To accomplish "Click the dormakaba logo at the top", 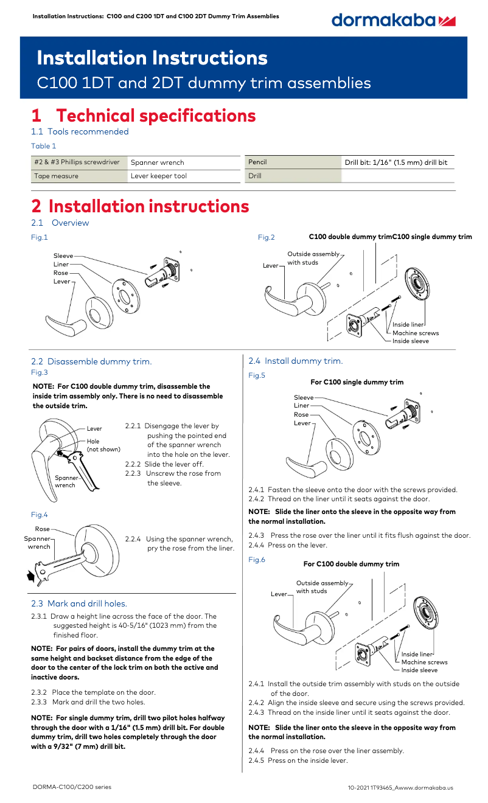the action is point(393,21).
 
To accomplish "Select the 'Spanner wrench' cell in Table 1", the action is point(184,162).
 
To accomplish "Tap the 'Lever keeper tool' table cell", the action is point(184,176).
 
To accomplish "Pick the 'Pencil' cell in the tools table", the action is point(293,162).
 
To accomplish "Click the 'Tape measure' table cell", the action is point(79,176).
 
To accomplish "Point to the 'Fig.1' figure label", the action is point(40,237).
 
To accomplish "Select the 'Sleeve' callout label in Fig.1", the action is point(63,255).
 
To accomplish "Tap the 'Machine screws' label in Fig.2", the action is point(416,333).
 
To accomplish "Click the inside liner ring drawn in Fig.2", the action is point(417,283).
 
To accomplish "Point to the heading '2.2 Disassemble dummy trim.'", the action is point(91,361).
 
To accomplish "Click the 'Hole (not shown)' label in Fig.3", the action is point(103,445).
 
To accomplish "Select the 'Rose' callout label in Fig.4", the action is point(43,529).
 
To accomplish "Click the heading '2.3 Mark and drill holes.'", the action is point(79,603).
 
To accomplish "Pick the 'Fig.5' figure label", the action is point(257,375).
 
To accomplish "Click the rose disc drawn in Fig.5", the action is point(340,453).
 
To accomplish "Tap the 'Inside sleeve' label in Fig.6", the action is point(419,670).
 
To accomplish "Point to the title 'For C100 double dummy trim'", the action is point(351,564).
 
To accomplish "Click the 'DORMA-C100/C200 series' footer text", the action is point(72,787).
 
